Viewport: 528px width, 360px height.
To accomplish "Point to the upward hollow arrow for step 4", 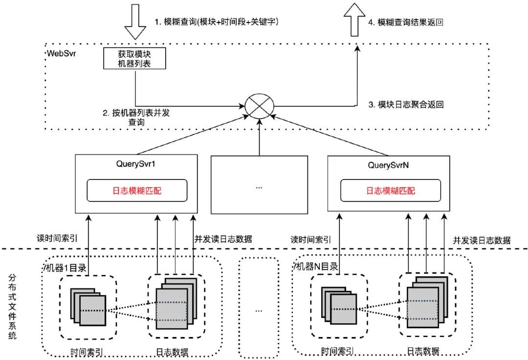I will [x=357, y=20].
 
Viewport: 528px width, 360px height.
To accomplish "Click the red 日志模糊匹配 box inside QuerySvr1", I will [x=137, y=190].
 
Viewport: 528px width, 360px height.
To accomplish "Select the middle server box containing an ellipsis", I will [x=259, y=185].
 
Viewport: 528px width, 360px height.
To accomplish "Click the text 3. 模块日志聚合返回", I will [x=405, y=105].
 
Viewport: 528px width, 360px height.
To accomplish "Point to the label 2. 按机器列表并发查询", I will [x=136, y=117].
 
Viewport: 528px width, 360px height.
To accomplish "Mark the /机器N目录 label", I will [x=316, y=267].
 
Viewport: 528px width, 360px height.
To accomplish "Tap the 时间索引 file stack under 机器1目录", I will [x=88, y=307].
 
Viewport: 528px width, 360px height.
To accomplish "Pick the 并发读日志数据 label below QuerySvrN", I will [x=482, y=240].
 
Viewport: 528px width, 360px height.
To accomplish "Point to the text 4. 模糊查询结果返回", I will [x=405, y=22].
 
